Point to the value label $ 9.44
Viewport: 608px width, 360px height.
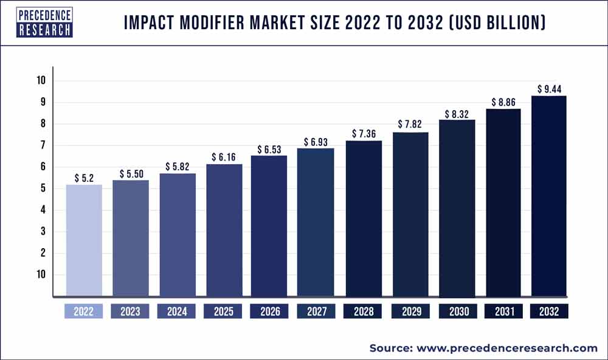point(549,89)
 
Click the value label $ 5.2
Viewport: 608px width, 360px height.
point(84,178)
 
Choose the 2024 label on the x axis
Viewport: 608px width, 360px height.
point(177,312)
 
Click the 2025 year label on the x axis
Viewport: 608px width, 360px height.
point(223,312)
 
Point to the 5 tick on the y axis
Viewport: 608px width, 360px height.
point(42,189)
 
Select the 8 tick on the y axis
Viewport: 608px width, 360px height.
point(42,124)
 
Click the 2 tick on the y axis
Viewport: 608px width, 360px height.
point(42,253)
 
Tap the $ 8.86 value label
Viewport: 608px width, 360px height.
point(503,102)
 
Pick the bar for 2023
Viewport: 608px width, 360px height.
point(130,238)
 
